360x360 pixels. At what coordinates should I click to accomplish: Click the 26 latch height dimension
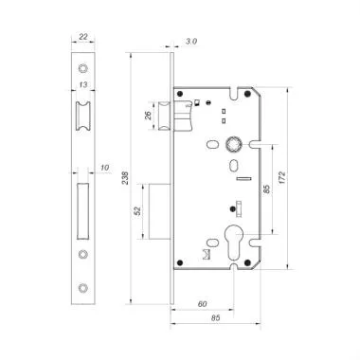149,117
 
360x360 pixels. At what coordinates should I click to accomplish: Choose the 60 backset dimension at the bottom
203,304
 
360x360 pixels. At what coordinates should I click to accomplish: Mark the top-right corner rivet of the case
248,95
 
